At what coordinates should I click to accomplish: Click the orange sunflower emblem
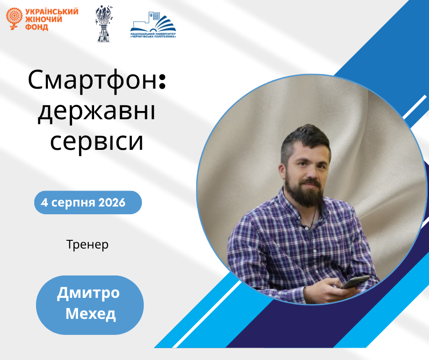tap(14, 18)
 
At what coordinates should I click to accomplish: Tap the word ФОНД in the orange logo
tap(37, 27)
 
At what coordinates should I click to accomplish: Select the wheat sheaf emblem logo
tap(104, 24)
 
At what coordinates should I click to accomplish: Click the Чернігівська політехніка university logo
tap(153, 25)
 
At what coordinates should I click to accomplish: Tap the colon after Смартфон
tap(162, 82)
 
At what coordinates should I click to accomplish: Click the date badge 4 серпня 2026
tap(88, 202)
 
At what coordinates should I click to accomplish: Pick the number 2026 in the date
tap(112, 202)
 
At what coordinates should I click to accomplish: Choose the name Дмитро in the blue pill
tap(89, 293)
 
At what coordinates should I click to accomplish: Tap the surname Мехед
tap(90, 313)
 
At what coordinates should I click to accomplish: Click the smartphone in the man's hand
tap(355, 282)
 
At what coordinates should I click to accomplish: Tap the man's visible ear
tap(282, 172)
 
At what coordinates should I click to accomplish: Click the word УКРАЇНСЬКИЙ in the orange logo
tap(52, 12)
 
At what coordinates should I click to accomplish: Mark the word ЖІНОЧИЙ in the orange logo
tap(43, 20)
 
